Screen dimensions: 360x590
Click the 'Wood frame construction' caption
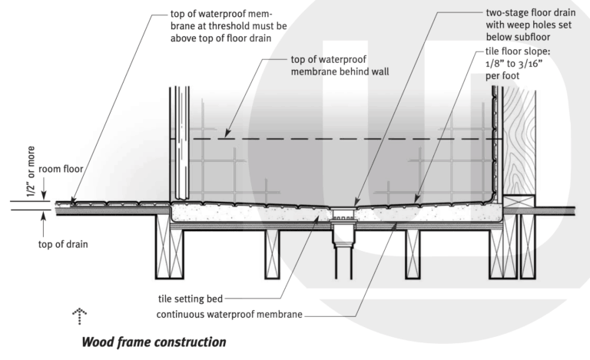click(154, 341)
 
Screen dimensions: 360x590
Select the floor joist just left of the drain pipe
click(276, 253)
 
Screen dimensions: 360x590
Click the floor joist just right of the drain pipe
click(413, 253)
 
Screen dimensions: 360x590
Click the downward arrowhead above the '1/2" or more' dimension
click(43, 194)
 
